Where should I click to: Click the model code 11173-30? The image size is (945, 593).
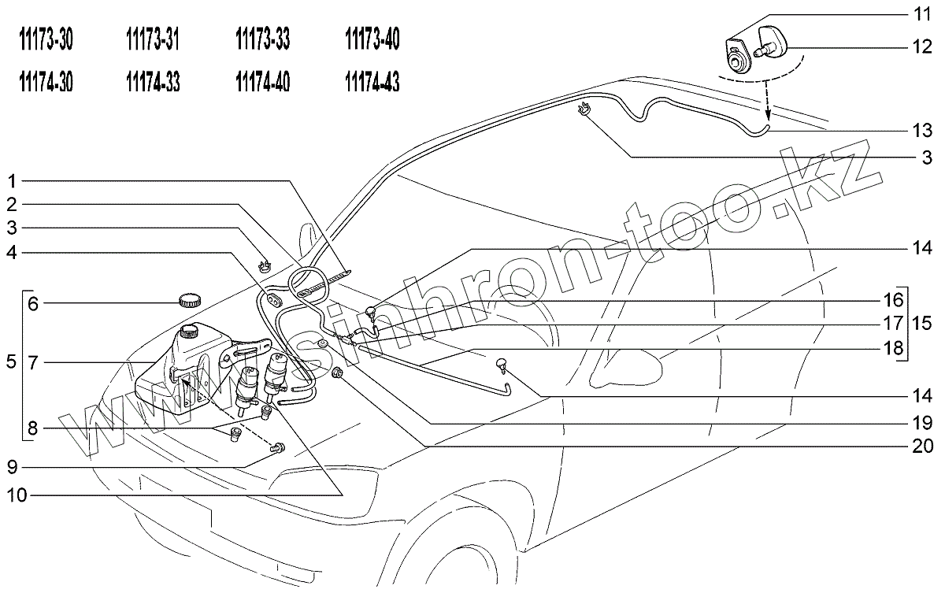(46, 41)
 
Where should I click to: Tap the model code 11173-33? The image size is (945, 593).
(262, 41)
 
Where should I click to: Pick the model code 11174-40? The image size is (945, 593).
(262, 82)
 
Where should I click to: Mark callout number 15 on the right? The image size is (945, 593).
(921, 322)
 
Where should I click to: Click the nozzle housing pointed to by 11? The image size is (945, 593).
(735, 56)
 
